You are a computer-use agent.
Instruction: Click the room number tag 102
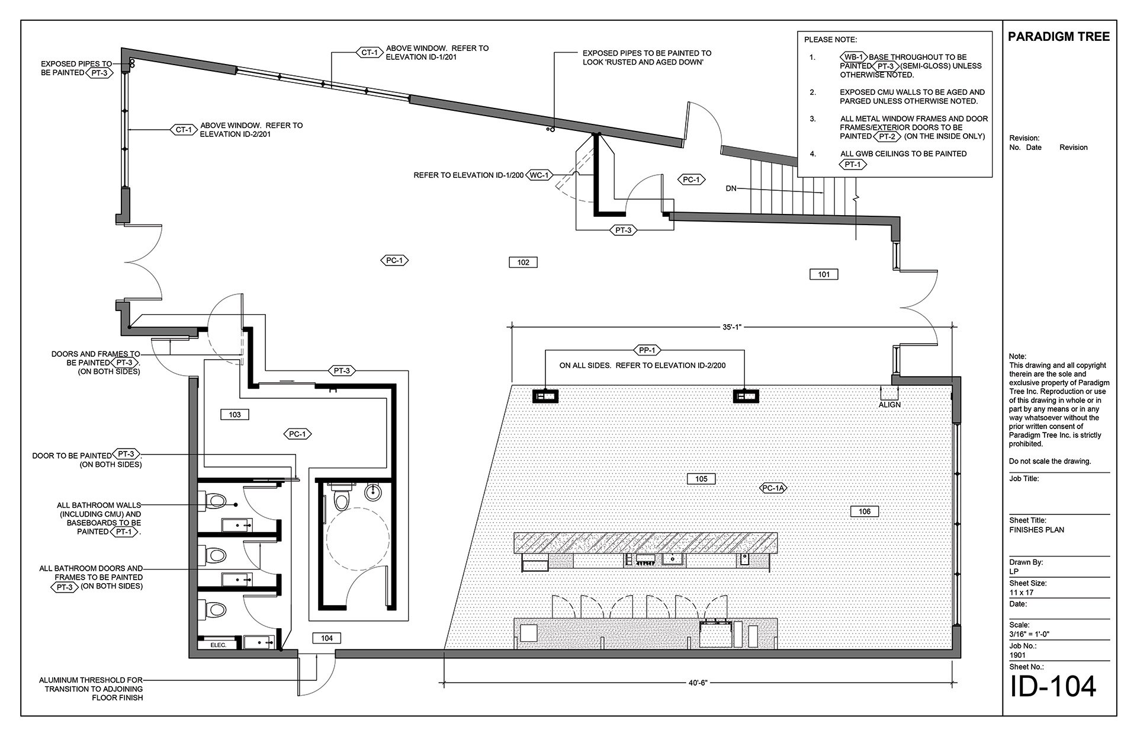click(x=523, y=262)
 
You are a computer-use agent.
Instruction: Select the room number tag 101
click(x=824, y=274)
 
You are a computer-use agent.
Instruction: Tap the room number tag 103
click(x=235, y=415)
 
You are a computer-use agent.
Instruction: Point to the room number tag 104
click(x=327, y=638)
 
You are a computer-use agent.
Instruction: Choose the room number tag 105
click(x=701, y=479)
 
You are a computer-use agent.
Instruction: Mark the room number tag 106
click(x=865, y=511)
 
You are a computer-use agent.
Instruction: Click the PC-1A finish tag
click(x=773, y=488)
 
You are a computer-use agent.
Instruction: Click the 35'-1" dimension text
click(x=732, y=327)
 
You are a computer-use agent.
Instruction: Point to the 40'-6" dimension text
click(x=698, y=683)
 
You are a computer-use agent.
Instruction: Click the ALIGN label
click(x=889, y=405)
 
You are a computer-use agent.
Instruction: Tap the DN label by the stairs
click(x=731, y=188)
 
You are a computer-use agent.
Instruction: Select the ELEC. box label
click(x=219, y=645)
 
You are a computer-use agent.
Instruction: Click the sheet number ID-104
click(x=1053, y=686)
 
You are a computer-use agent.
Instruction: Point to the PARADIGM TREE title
click(x=1059, y=37)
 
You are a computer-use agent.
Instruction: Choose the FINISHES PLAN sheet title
click(x=1036, y=530)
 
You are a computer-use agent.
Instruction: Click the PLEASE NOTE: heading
click(x=830, y=40)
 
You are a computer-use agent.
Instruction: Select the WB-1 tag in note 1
click(x=853, y=57)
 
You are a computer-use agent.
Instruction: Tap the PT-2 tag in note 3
click(x=887, y=136)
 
